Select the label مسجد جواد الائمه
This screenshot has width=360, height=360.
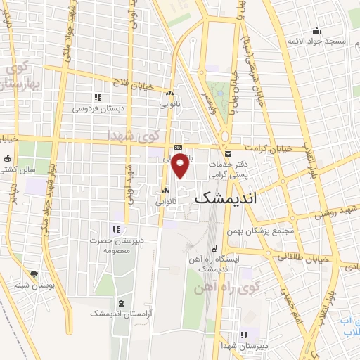(316, 41)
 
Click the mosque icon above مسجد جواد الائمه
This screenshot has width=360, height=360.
(317, 30)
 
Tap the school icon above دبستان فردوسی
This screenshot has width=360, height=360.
(98, 97)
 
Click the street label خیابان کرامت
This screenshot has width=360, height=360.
(266, 148)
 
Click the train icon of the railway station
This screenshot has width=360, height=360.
(212, 248)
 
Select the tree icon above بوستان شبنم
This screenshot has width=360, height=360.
(33, 274)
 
